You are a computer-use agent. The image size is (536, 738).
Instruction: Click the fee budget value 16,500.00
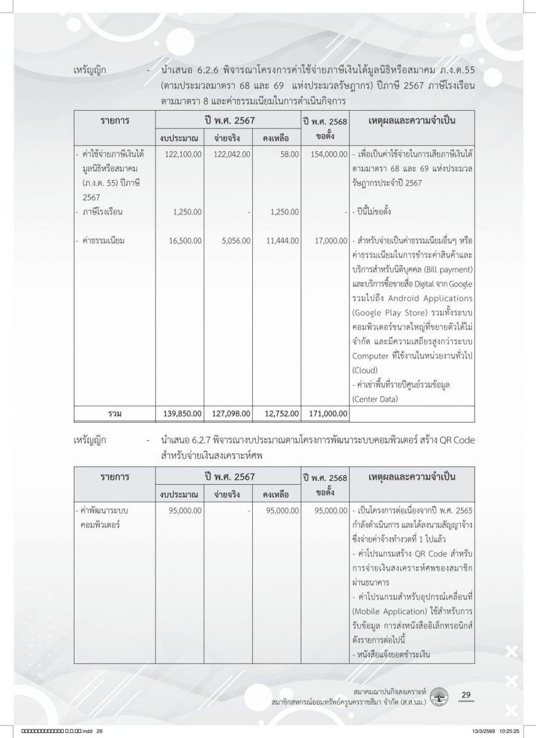(185, 241)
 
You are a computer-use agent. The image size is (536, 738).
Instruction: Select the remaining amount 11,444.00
(282, 241)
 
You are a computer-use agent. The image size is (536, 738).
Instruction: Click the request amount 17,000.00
(329, 241)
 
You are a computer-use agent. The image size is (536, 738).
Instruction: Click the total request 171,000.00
(326, 413)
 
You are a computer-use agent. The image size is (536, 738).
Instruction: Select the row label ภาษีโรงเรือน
(102, 212)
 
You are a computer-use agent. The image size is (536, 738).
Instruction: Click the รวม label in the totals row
(114, 413)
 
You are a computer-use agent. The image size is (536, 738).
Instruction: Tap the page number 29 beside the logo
(466, 696)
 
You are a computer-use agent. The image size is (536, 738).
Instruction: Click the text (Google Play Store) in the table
(390, 312)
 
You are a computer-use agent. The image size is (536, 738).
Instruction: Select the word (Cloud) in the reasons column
(365, 370)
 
